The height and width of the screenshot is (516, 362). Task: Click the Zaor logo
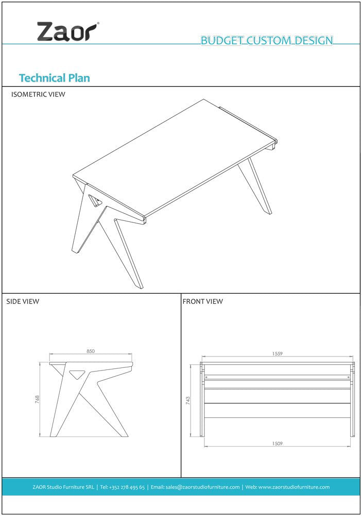(x=68, y=31)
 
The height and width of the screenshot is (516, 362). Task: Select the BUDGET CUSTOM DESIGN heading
(x=267, y=40)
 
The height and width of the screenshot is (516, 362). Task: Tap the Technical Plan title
(x=55, y=78)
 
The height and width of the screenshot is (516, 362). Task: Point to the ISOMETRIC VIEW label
(x=38, y=94)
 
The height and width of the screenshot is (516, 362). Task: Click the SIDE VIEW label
(x=23, y=301)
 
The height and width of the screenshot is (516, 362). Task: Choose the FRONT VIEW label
(x=203, y=301)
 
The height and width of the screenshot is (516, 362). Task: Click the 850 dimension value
(x=91, y=351)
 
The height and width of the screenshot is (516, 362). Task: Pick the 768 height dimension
(x=37, y=399)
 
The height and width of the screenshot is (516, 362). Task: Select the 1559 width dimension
(x=277, y=354)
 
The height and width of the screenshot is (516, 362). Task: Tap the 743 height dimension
(x=188, y=400)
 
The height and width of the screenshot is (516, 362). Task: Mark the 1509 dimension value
(x=277, y=444)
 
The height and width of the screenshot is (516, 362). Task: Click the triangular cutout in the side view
(x=77, y=374)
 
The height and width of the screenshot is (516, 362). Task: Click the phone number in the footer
(x=123, y=487)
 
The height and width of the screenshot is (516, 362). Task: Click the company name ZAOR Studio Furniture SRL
(x=63, y=487)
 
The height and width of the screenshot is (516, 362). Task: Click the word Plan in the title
(x=79, y=78)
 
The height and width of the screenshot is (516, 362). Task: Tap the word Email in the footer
(x=158, y=487)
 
